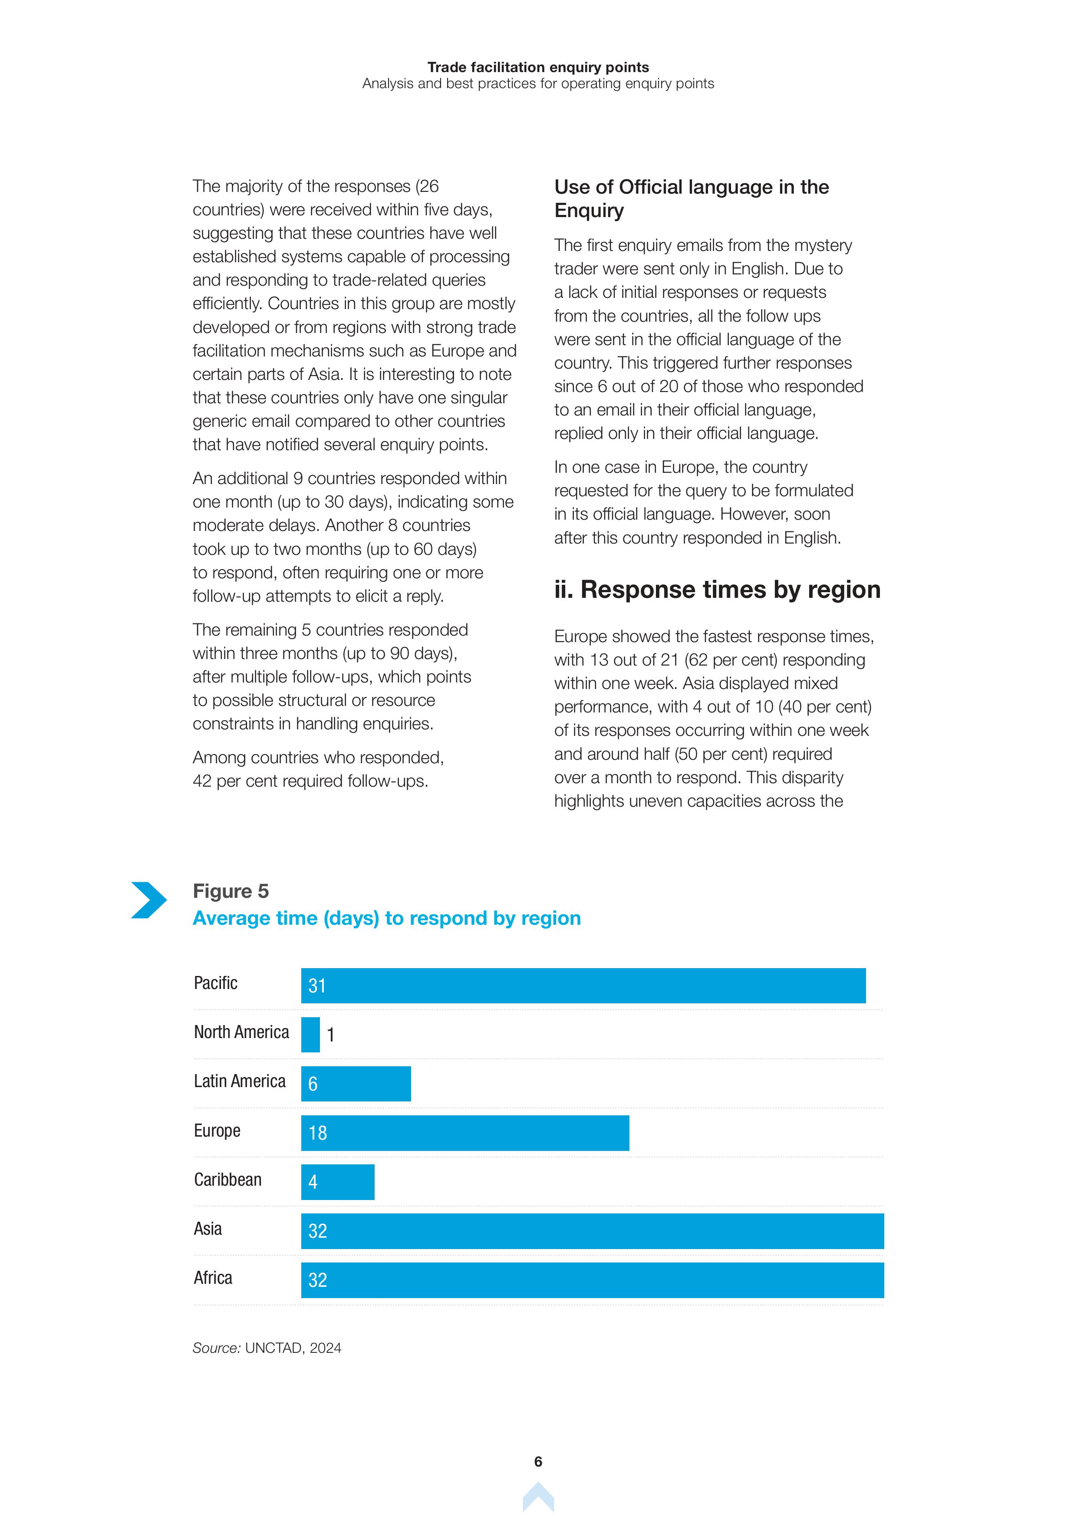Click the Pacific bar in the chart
tap(583, 986)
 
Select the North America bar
tap(310, 1035)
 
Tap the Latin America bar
tap(356, 1084)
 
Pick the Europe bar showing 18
tap(465, 1133)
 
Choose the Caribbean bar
tap(338, 1182)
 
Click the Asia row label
tap(207, 1229)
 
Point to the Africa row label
tap(213, 1278)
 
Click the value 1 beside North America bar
tap(331, 1035)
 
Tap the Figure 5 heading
tap(231, 891)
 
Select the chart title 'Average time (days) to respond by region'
tap(387, 918)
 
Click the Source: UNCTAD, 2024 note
tap(267, 1348)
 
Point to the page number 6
tap(538, 1461)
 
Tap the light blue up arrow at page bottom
tap(538, 1498)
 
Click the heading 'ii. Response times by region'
tap(717, 590)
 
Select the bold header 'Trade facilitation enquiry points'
tap(538, 67)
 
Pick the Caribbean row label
tap(227, 1180)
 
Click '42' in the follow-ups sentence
tap(202, 781)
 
